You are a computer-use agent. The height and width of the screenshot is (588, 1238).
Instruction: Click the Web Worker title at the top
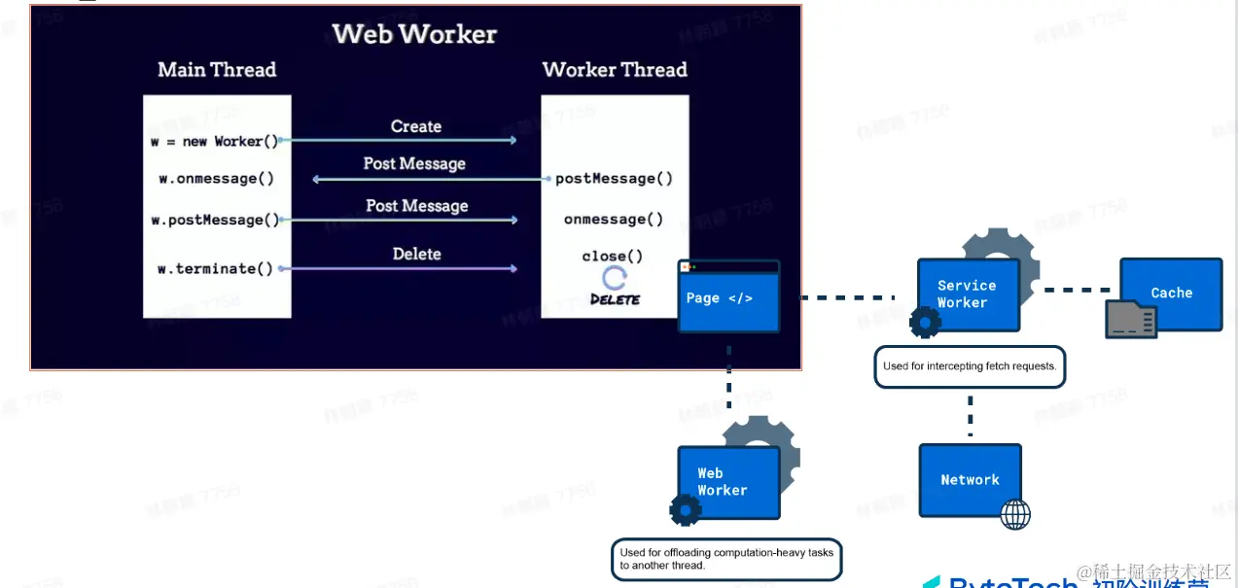(414, 34)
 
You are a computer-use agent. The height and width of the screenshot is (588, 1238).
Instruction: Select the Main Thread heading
(217, 70)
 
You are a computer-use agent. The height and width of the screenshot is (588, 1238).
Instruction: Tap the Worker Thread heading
(615, 70)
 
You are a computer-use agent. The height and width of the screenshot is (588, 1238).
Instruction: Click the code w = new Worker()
(214, 141)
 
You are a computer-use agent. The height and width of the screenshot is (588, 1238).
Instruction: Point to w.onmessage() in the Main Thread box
(216, 179)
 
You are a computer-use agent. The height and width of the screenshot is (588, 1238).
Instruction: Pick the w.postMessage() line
(215, 220)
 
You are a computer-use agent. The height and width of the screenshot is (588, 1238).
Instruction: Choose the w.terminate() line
(216, 268)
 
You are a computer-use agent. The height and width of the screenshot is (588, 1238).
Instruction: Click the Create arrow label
(416, 126)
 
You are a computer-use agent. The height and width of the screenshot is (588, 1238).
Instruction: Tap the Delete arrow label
(416, 254)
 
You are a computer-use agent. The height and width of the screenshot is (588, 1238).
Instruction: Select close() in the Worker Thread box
(613, 257)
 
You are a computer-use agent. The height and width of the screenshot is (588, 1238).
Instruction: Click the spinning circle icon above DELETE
(615, 279)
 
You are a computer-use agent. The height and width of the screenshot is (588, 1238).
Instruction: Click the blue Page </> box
(729, 297)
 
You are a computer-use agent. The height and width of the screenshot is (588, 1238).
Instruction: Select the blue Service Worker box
(969, 294)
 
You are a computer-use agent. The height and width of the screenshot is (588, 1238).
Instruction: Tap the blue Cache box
(1171, 294)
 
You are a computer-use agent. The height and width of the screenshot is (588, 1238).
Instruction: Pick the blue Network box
(970, 480)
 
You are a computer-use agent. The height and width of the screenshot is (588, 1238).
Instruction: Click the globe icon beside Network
(1015, 514)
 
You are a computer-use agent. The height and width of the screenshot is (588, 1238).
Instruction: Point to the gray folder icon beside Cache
(1131, 319)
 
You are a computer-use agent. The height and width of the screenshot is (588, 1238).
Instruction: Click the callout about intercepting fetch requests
(970, 367)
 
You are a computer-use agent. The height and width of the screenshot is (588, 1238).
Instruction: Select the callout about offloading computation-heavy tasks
(726, 559)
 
